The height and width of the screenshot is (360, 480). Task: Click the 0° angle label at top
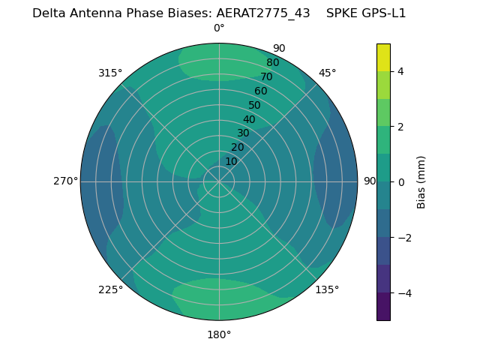click(x=219, y=28)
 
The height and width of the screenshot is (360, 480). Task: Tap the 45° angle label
click(x=327, y=73)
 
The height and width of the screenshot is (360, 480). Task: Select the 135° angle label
click(x=327, y=289)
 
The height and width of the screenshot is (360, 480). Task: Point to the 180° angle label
click(x=219, y=334)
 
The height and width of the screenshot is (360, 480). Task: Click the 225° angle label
click(x=110, y=289)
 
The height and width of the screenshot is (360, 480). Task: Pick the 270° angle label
click(x=65, y=181)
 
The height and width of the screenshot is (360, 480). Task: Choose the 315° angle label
click(x=110, y=73)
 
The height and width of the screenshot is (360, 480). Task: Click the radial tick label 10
click(x=231, y=161)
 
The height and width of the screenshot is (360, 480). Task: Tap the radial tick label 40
click(x=249, y=120)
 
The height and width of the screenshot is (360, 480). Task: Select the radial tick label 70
click(x=266, y=76)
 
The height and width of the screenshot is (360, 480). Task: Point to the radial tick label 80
click(x=272, y=63)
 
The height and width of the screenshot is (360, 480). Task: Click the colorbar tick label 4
click(x=400, y=71)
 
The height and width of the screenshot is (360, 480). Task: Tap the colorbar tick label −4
click(x=403, y=293)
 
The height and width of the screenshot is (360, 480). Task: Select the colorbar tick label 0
click(x=400, y=182)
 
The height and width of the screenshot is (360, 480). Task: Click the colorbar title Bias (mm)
click(x=421, y=182)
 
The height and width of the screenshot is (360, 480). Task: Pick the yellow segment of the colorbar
click(x=383, y=57)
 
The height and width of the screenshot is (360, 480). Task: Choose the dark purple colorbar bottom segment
click(x=383, y=307)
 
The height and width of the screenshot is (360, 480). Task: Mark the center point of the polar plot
click(x=219, y=181)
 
